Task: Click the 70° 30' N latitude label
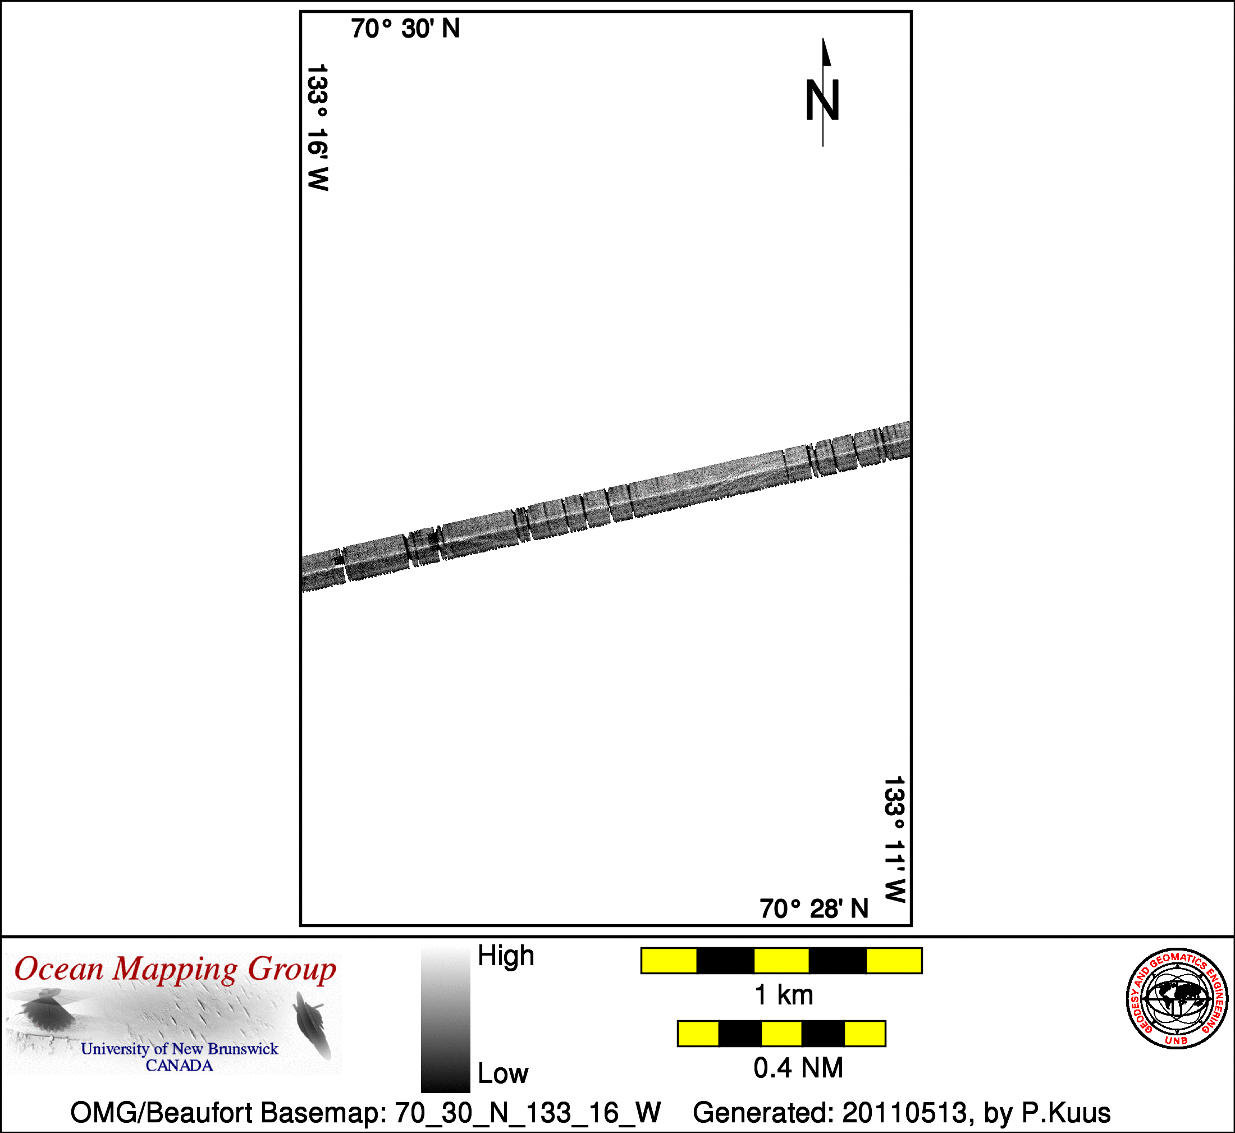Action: [x=405, y=29]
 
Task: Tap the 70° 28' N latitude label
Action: [x=814, y=908]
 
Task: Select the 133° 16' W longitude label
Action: [x=318, y=127]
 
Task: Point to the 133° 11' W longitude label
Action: [x=894, y=839]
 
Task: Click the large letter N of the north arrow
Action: [x=822, y=100]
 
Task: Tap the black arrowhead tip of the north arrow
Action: [x=822, y=39]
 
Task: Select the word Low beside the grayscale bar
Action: [x=502, y=1073]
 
